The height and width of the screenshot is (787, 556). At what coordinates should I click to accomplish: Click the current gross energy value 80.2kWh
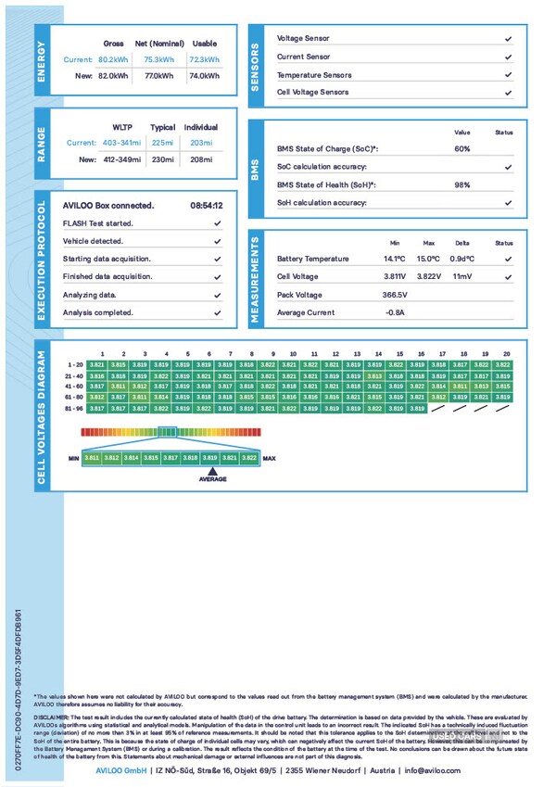112,59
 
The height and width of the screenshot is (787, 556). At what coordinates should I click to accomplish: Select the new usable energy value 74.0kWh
203,75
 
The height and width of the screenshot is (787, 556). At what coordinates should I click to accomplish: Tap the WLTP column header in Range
123,127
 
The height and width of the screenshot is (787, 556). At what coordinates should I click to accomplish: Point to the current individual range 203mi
200,143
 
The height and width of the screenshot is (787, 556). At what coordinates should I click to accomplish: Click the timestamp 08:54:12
206,205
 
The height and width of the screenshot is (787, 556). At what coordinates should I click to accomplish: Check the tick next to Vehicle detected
217,241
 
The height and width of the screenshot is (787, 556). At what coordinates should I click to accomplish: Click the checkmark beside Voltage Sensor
508,39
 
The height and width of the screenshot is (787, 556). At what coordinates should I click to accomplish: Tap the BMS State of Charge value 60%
462,148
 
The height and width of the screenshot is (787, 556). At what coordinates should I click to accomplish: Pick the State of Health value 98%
462,184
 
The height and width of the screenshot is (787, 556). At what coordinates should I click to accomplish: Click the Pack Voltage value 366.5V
396,294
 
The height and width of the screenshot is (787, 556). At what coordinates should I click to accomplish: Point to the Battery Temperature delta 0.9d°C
462,259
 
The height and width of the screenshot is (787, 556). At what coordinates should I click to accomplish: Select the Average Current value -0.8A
396,312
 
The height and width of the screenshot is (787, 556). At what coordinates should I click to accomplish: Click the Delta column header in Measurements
461,242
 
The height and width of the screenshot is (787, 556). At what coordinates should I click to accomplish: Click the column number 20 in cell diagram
506,354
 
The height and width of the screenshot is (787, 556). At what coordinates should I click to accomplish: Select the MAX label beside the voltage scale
270,458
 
